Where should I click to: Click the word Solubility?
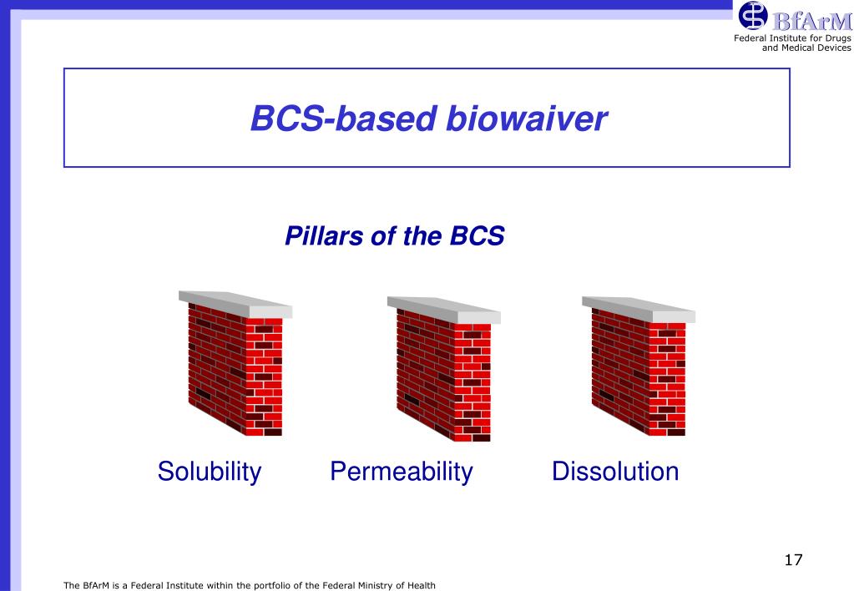[210, 472]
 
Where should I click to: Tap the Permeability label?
[402, 472]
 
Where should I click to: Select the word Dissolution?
[615, 471]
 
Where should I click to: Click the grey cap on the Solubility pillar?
[235, 304]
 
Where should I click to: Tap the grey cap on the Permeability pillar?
[444, 310]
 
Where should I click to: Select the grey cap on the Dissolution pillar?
[639, 309]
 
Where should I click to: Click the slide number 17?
[794, 560]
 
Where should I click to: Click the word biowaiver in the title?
[526, 119]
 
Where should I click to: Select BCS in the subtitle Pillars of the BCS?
[478, 236]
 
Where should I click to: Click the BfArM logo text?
[811, 22]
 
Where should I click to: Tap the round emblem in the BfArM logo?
[753, 15]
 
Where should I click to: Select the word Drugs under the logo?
[837, 38]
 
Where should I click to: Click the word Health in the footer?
[422, 585]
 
